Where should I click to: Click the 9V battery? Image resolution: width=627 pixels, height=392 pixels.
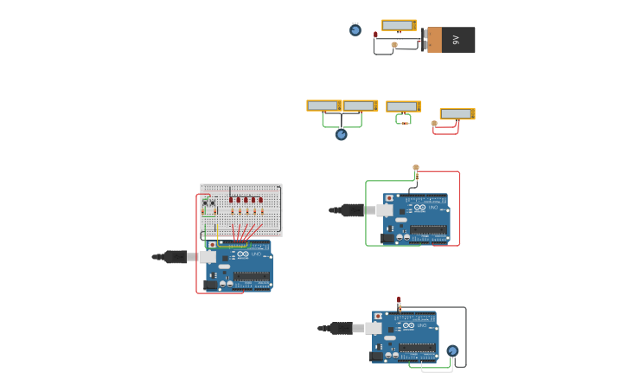[x=451, y=40]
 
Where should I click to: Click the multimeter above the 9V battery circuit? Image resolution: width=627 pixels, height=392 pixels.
[x=399, y=26]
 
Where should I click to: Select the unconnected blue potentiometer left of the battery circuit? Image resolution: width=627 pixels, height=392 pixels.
[x=355, y=30]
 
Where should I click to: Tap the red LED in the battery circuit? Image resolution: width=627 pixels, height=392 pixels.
[x=375, y=35]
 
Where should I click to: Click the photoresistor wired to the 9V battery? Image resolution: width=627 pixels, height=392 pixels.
[x=394, y=45]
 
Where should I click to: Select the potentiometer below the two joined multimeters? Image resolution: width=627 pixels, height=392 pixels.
[x=342, y=134]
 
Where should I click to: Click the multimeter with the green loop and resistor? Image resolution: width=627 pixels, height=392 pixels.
[x=403, y=106]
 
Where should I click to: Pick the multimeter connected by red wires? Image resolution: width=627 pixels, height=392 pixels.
[x=457, y=113]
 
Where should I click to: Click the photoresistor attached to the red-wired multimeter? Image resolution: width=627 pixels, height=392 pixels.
[x=434, y=124]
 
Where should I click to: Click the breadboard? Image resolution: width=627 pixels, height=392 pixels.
[x=241, y=209]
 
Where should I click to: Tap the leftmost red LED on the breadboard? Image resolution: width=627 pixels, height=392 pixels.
[x=232, y=200]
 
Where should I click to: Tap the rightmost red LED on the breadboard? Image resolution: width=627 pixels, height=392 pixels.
[x=260, y=200]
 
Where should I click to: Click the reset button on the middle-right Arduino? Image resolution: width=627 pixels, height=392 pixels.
[x=390, y=199]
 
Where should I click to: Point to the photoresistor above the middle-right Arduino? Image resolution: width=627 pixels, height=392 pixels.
[x=416, y=168]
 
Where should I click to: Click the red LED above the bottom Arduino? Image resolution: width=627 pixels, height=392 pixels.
[x=399, y=300]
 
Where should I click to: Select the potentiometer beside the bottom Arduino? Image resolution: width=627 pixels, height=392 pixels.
[x=452, y=350]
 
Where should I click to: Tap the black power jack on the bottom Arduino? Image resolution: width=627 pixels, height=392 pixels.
[x=376, y=356]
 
